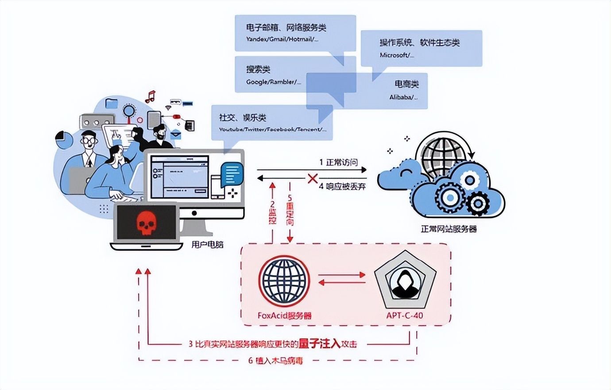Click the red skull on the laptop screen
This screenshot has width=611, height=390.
coord(146,223)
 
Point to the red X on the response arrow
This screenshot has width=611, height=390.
coord(313,179)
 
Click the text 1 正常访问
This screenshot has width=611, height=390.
coord(338,162)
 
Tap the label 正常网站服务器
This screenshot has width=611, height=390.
coord(449,229)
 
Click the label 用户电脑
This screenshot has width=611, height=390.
coord(207,244)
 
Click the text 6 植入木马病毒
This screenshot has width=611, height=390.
coord(275,360)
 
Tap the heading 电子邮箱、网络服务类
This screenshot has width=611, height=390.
coord(286,28)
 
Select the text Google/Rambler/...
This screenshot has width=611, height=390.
coord(274,82)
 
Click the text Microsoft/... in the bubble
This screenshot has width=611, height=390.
coord(397,55)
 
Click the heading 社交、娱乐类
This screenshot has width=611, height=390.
coord(243,118)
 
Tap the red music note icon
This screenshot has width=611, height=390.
coord(151,96)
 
